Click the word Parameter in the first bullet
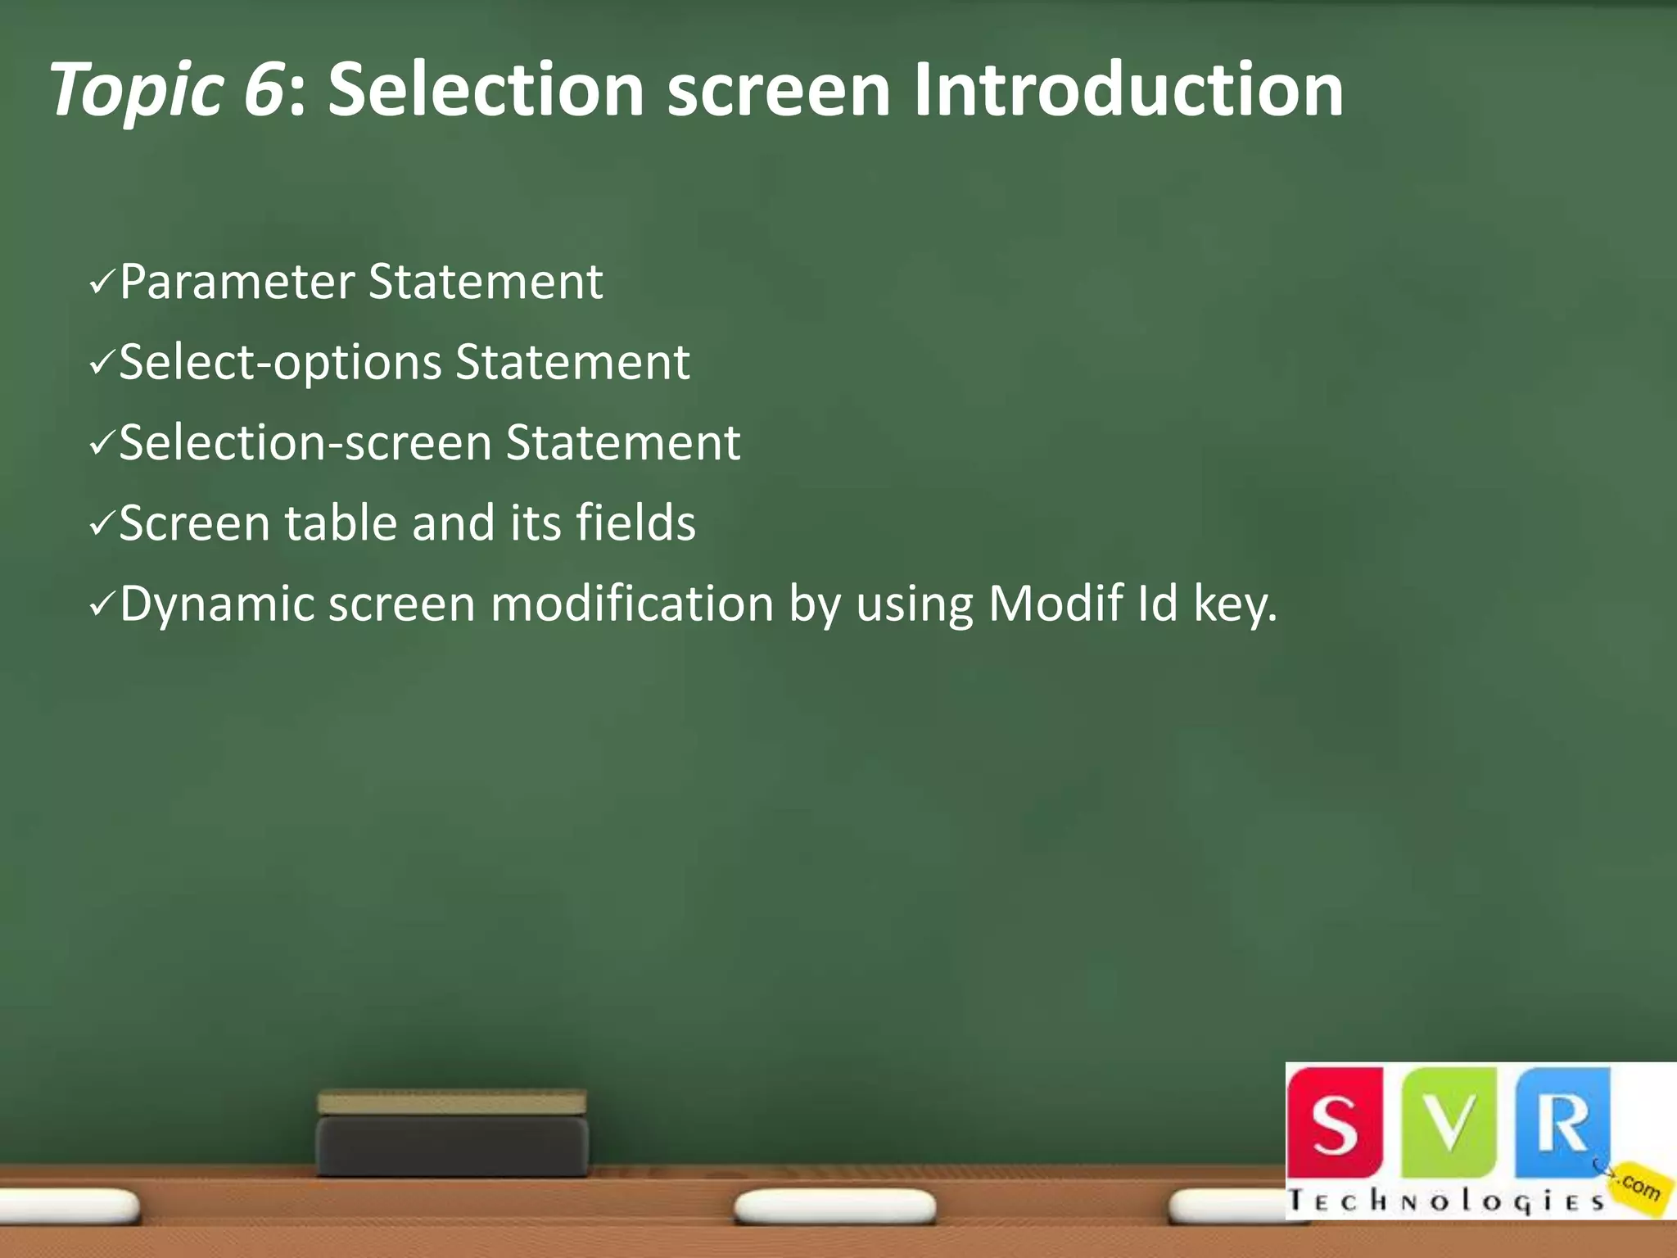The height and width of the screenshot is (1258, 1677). click(x=237, y=283)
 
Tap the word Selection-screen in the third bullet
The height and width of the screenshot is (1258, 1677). click(x=305, y=443)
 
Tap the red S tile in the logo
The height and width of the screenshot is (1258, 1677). click(x=1334, y=1123)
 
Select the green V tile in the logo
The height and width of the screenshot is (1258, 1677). click(x=1449, y=1123)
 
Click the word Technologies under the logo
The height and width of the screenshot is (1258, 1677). click(x=1445, y=1202)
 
